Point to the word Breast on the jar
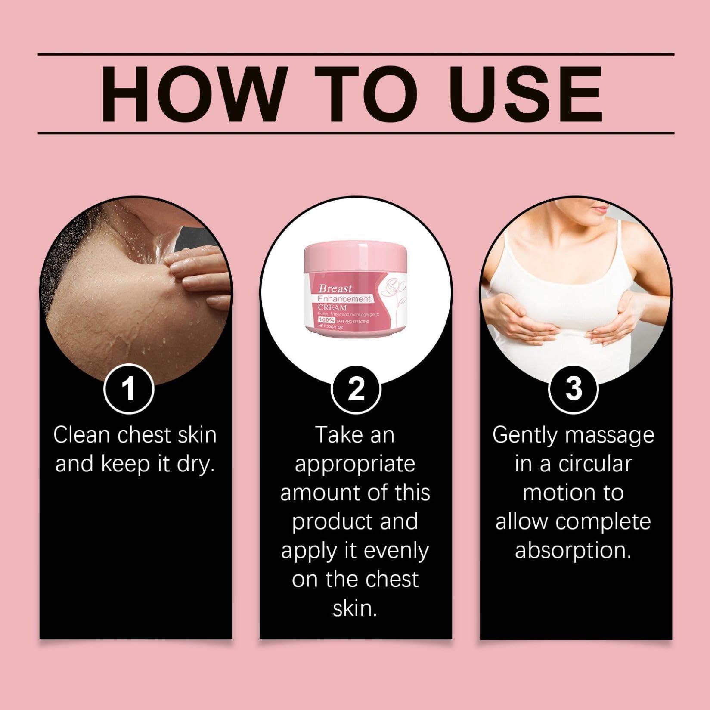335,288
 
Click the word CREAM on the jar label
332,308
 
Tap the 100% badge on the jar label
326,320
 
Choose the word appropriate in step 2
355,465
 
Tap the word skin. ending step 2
355,609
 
